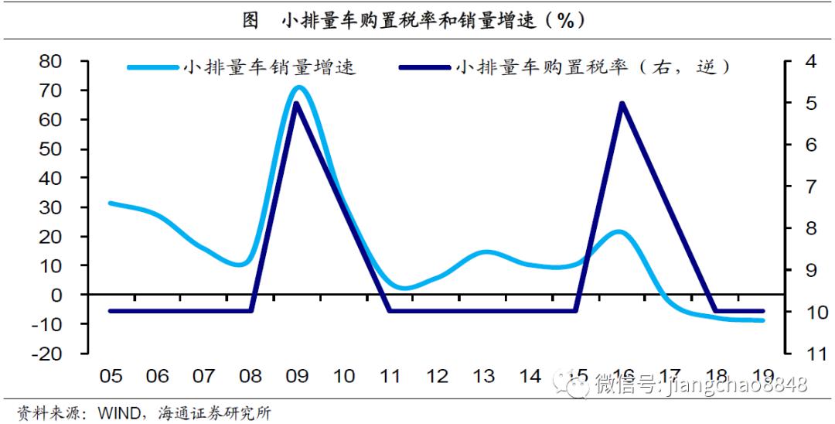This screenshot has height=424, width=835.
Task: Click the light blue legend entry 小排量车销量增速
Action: tap(242, 67)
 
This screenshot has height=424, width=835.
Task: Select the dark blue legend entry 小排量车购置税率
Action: tap(564, 67)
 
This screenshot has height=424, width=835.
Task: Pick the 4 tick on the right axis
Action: tap(811, 61)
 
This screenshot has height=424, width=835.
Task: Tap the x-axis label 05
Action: tap(111, 377)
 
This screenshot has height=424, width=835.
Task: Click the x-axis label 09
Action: tap(297, 377)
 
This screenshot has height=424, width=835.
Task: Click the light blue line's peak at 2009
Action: tap(298, 88)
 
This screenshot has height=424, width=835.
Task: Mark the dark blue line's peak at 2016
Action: tap(622, 104)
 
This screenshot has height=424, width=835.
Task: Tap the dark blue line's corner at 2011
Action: tap(390, 310)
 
